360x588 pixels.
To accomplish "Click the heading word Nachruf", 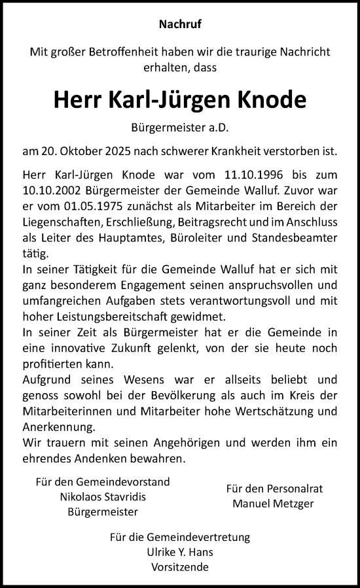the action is point(180,26).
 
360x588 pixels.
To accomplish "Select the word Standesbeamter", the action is point(298,236).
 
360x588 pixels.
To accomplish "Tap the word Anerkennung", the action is point(58,426).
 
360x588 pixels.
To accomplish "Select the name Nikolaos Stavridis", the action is point(103,496).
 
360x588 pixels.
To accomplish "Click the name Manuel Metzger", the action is point(274,504).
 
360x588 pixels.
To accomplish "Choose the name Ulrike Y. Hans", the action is point(180,552).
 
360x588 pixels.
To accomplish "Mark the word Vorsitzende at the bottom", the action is point(180,567).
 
